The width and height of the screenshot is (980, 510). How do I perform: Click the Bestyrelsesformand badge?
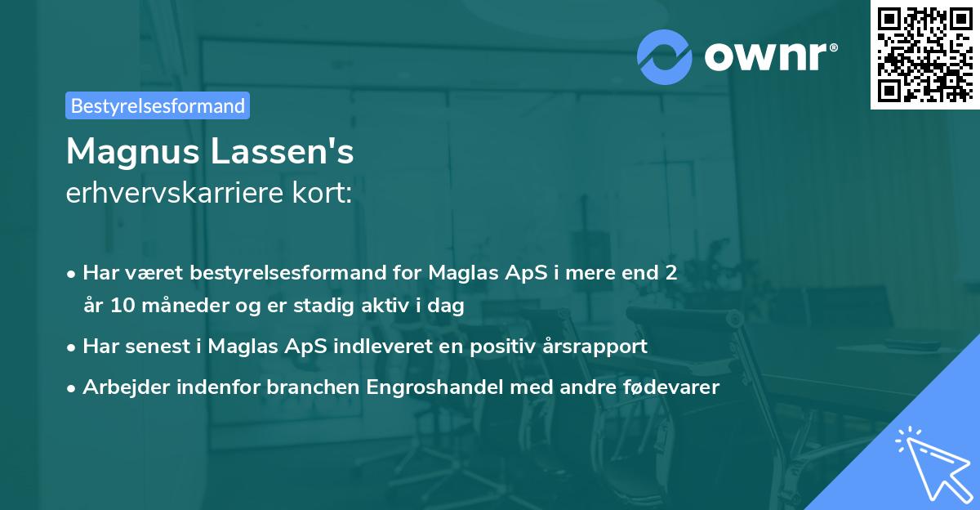point(158,105)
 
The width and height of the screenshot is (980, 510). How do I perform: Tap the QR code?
point(924,54)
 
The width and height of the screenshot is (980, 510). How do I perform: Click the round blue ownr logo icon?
point(665,57)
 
